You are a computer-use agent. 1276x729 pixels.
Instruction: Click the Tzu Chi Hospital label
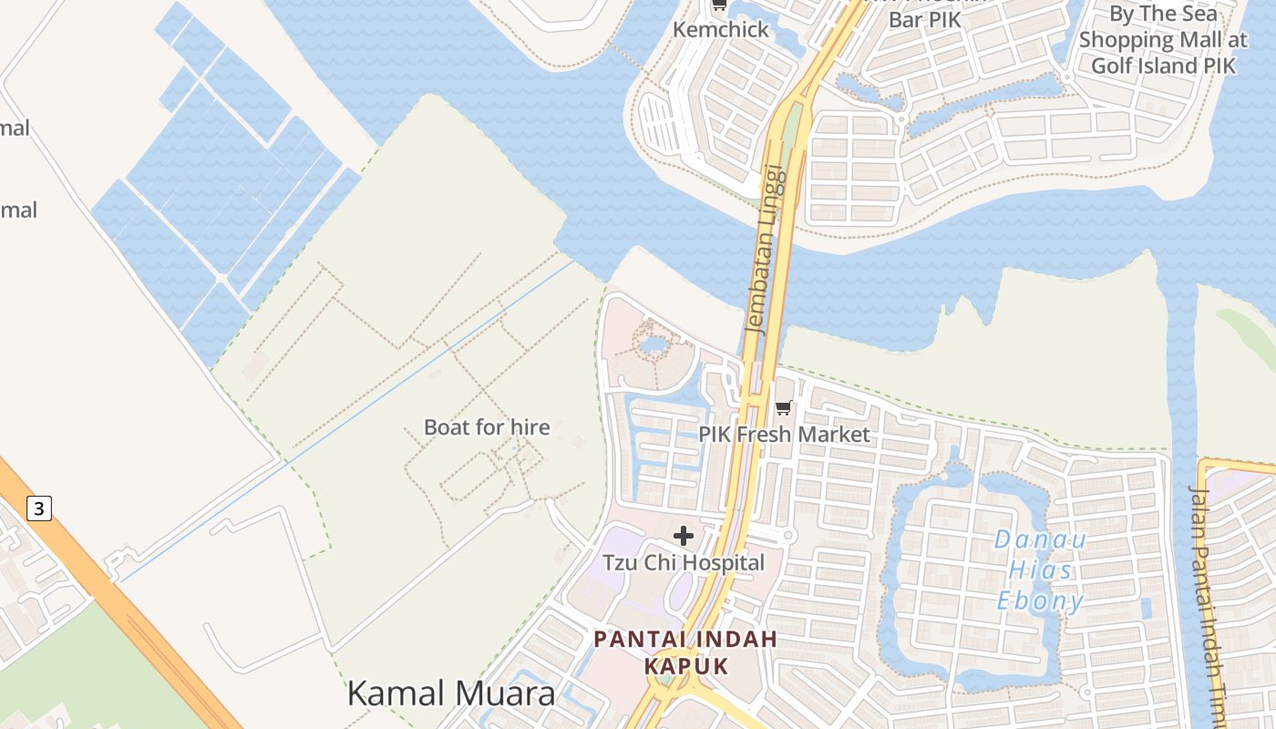(x=684, y=562)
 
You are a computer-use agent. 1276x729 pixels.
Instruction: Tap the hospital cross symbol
(x=684, y=536)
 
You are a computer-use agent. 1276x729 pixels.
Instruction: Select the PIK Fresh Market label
(x=785, y=435)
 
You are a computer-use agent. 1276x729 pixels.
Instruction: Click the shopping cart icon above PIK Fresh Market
(x=784, y=407)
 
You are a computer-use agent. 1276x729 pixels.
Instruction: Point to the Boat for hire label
(x=487, y=426)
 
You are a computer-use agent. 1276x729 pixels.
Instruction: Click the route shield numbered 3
(x=38, y=508)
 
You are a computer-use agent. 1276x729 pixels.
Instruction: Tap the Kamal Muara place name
(x=451, y=693)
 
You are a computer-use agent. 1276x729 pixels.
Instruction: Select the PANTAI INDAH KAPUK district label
(x=686, y=652)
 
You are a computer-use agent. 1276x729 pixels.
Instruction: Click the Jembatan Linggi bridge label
(x=765, y=249)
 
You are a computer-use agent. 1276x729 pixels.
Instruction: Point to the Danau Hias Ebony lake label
(x=1041, y=570)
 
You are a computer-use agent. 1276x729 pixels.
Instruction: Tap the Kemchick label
(x=721, y=29)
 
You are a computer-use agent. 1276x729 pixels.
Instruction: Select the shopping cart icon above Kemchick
(x=719, y=5)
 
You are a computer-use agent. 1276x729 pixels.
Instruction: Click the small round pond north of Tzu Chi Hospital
(x=653, y=344)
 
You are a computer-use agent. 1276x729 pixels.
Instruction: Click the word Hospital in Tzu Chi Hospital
(x=719, y=562)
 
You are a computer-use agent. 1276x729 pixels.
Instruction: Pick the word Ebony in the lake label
(x=1041, y=601)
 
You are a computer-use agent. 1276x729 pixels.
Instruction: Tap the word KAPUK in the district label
(x=686, y=665)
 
